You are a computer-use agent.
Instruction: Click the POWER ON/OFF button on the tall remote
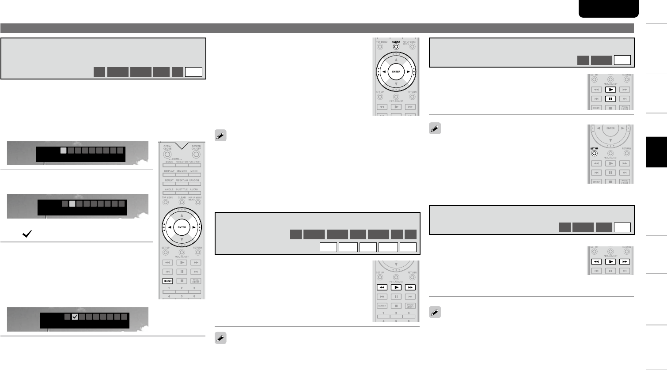pyautogui.click(x=196, y=155)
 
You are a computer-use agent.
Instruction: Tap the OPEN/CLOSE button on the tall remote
pyautogui.click(x=167, y=155)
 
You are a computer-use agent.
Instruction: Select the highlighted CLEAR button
pyautogui.click(x=396, y=46)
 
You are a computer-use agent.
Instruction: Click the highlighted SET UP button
pyautogui.click(x=594, y=154)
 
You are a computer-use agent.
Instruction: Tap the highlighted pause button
pyautogui.click(x=610, y=99)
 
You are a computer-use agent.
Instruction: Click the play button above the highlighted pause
pyautogui.click(x=610, y=90)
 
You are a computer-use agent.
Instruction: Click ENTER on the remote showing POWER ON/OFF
pyautogui.click(x=182, y=227)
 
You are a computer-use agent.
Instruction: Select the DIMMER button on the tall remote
pyautogui.click(x=182, y=175)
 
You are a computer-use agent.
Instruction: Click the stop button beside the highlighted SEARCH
pyautogui.click(x=182, y=281)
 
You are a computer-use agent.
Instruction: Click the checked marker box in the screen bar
pyautogui.click(x=75, y=317)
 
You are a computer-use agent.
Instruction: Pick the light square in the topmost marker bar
pyautogui.click(x=64, y=151)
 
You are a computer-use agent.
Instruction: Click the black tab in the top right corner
pyautogui.click(x=608, y=9)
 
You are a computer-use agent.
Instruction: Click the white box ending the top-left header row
pyautogui.click(x=194, y=72)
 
